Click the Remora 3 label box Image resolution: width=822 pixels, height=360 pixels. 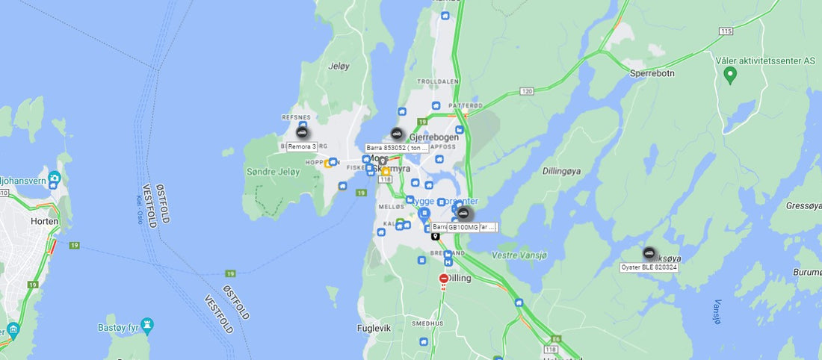[303, 147]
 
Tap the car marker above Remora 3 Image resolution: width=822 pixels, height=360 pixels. [303, 133]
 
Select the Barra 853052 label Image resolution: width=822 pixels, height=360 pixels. [397, 148]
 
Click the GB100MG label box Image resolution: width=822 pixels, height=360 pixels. [463, 227]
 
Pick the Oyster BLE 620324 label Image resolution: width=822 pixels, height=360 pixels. [649, 267]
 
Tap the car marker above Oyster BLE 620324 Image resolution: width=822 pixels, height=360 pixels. [649, 253]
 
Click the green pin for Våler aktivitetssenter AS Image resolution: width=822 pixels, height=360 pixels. [731, 75]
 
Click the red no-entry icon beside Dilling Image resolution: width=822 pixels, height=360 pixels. [444, 279]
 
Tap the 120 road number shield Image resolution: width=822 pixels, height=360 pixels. [527, 91]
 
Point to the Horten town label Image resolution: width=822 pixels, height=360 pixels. [44, 222]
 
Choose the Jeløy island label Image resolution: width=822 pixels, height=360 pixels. [339, 66]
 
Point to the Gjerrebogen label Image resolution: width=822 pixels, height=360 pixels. [434, 137]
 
